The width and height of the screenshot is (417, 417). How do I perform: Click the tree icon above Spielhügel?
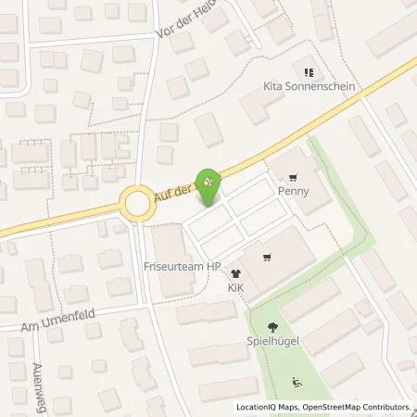(x=272, y=326)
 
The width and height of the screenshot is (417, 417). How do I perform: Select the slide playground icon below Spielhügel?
(x=297, y=381)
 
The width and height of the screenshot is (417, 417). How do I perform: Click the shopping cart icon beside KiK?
(x=267, y=259)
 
